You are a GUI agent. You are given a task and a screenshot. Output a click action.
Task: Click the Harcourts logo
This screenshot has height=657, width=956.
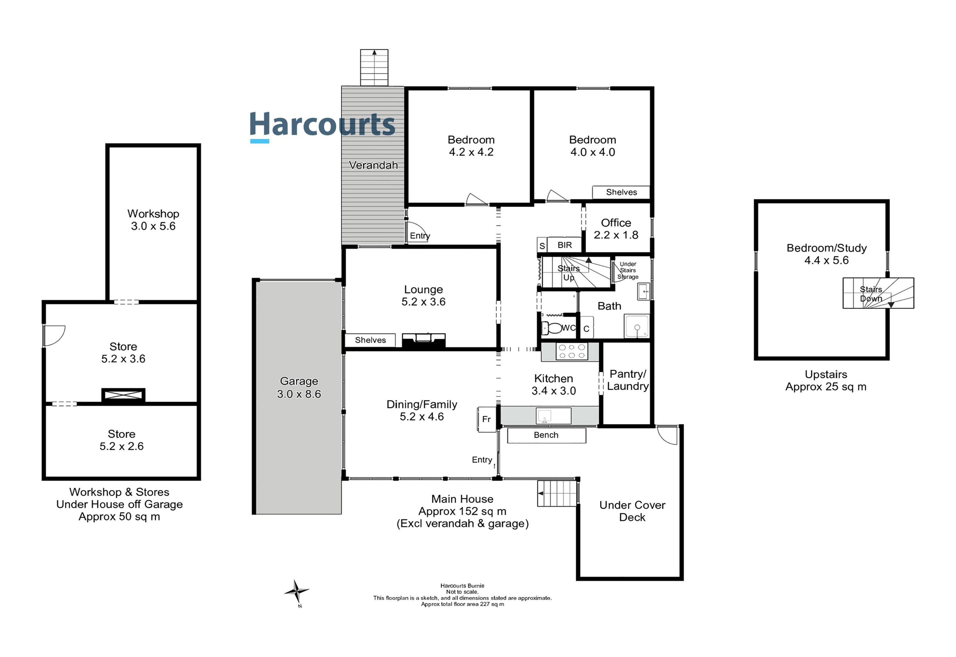[322, 125]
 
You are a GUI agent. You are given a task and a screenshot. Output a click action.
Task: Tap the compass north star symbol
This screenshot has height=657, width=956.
[296, 592]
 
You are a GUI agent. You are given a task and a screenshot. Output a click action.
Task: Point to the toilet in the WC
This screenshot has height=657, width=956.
[552, 328]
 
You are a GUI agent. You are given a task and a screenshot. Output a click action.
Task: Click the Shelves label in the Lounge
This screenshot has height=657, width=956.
[370, 340]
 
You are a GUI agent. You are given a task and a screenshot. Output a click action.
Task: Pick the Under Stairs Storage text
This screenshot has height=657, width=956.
[628, 271]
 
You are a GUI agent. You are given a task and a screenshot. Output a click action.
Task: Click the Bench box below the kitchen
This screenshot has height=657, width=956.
[546, 435]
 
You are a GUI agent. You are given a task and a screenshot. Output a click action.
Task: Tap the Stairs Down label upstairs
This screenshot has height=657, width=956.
[871, 294]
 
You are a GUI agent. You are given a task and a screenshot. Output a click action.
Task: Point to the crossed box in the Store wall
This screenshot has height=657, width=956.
[123, 395]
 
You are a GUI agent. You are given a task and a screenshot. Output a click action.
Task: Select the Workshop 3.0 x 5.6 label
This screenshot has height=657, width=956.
[153, 220]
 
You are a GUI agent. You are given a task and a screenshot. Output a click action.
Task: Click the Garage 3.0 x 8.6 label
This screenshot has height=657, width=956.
[299, 387]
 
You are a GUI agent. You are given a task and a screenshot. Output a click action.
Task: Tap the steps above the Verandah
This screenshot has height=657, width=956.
[374, 68]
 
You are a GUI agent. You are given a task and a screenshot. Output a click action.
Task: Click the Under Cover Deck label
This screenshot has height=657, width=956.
[632, 511]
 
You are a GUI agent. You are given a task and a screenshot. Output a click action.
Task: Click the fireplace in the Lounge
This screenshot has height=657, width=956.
[423, 340]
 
